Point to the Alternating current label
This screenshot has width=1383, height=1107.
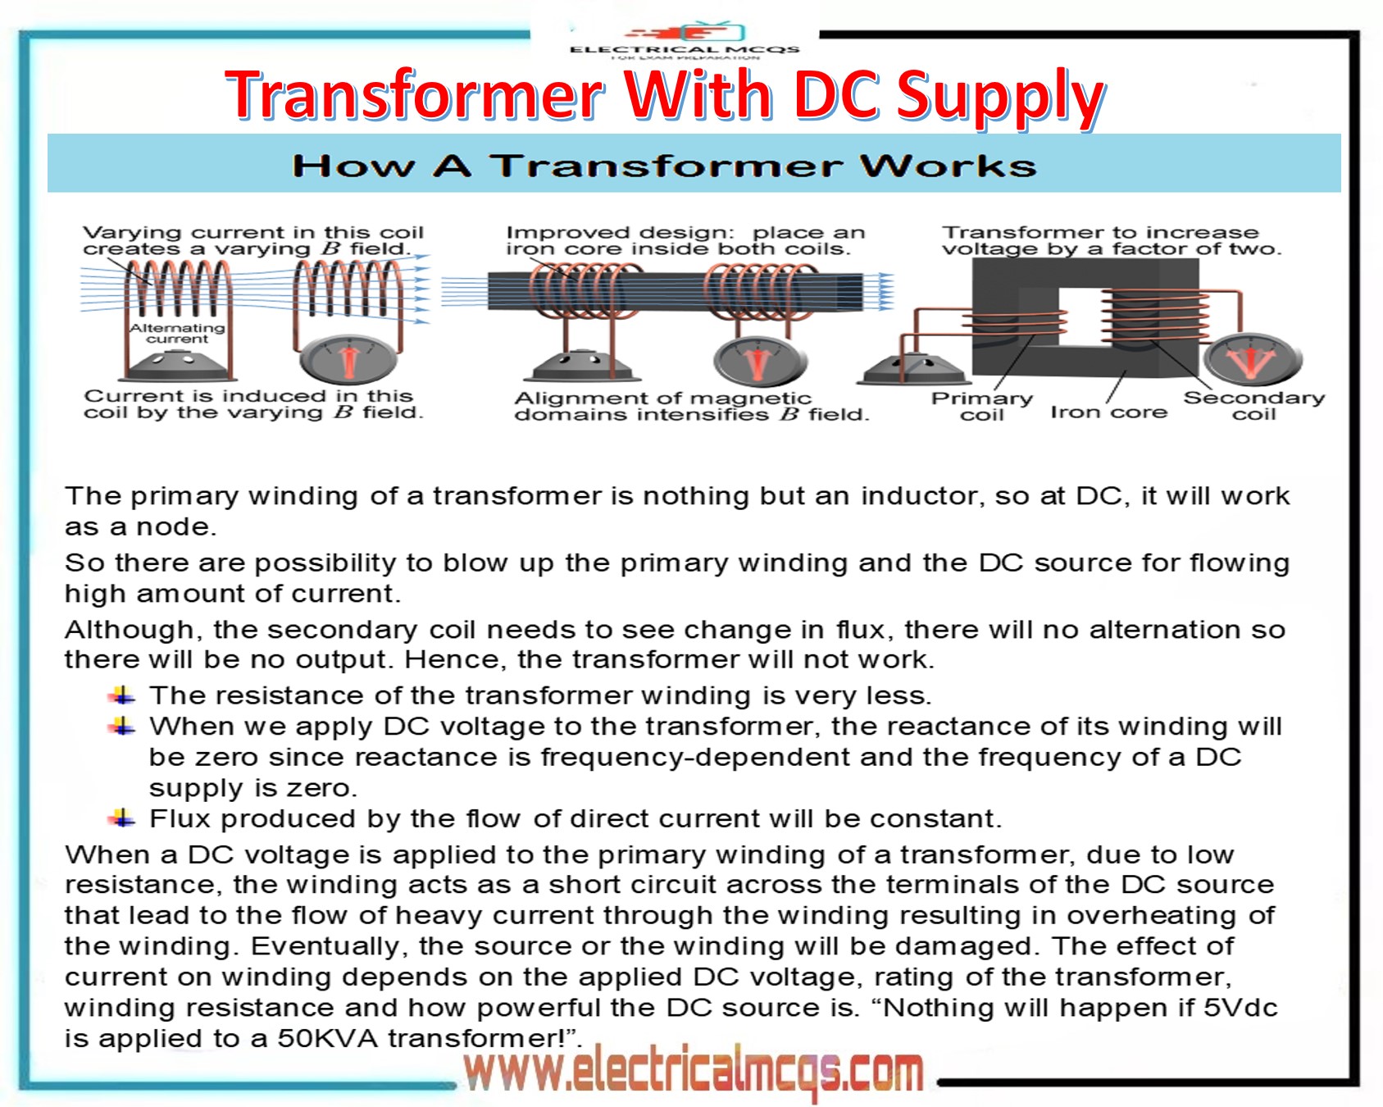point(177,333)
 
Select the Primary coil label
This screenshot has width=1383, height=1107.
point(981,407)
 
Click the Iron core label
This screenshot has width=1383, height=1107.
point(1108,412)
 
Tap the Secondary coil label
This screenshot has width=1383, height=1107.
point(1253,406)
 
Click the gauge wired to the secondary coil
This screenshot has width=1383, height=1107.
point(1252,359)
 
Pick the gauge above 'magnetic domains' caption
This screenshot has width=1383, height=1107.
point(759,361)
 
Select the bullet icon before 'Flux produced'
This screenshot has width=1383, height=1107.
point(123,818)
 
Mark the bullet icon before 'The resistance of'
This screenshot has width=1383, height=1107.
point(123,695)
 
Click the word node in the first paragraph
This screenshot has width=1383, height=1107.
point(175,526)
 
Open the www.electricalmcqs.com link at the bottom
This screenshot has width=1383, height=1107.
point(694,1071)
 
